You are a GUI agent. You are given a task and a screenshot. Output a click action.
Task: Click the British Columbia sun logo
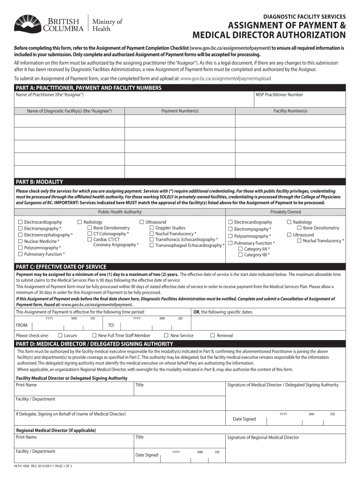[27, 23]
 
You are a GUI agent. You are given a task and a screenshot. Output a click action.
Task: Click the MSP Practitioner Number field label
[279, 94]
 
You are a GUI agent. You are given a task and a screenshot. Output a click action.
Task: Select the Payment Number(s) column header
[180, 111]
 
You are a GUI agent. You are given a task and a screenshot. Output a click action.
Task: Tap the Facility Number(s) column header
[290, 111]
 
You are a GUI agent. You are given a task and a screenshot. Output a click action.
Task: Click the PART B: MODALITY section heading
[40, 182]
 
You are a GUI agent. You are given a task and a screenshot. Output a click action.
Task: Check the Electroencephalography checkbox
[20, 235]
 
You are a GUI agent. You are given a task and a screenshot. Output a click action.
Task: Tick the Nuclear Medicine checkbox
[20, 241]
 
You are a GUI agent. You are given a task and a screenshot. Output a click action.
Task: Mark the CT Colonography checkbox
[89, 234]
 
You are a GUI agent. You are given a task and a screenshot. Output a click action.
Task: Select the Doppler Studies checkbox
[151, 228]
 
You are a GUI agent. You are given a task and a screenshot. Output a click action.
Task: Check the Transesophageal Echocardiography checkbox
[151, 245]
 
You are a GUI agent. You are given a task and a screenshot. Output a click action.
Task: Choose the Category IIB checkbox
[240, 255]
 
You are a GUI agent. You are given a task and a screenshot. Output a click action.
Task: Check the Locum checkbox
[60, 335]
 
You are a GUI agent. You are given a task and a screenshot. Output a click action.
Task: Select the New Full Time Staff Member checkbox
[94, 335]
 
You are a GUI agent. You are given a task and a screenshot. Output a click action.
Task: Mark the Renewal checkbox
[212, 335]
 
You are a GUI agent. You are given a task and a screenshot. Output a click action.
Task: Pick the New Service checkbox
[166, 335]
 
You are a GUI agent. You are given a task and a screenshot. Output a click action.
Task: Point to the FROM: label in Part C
[22, 325]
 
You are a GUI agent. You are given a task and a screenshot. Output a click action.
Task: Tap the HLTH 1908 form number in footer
[22, 466]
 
